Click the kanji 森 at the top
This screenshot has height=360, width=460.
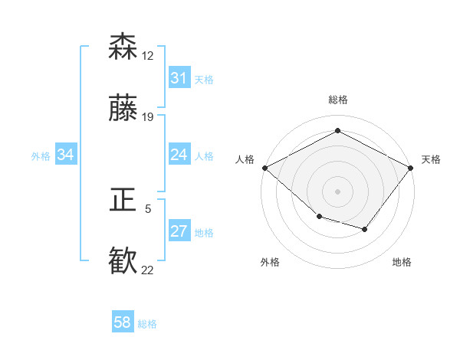coord(123,46)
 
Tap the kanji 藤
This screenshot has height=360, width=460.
coord(123,108)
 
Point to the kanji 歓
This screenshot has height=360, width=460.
coord(123,261)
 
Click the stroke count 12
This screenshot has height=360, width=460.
coord(147,56)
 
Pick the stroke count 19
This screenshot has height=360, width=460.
coord(147,117)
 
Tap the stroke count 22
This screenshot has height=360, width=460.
coord(147,270)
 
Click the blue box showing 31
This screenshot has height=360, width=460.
coord(179,78)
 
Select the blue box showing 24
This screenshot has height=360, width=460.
coord(179,155)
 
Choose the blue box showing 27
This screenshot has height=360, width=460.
coord(179,231)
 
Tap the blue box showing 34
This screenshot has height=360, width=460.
coord(66,155)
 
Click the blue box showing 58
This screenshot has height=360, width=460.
coord(123,323)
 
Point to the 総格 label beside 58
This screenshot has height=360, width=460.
coord(147,324)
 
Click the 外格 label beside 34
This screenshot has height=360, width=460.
coord(41,155)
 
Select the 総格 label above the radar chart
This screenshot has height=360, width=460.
coord(338,100)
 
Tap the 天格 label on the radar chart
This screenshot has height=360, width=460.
coord(432,159)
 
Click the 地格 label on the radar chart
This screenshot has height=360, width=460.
coord(402,262)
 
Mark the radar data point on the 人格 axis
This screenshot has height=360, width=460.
coord(264,167)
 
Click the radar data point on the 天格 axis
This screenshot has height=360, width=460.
coord(411,167)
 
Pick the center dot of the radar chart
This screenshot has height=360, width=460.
coord(337,191)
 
